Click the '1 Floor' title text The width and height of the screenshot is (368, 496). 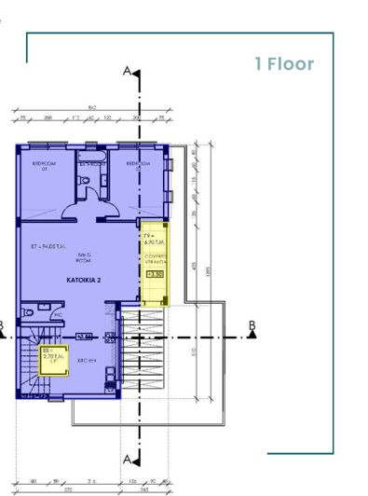click(x=284, y=64)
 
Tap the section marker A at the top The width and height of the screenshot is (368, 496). click(x=128, y=72)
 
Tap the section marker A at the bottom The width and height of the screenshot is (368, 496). click(x=128, y=459)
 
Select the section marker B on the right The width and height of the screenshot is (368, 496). click(x=252, y=325)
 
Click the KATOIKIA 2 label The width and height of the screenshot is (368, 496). click(x=84, y=280)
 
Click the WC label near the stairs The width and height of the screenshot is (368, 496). click(x=57, y=315)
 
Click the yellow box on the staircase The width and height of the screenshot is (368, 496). click(x=53, y=358)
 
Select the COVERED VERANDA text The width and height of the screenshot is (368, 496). click(x=155, y=262)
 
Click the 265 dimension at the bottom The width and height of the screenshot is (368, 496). click(x=144, y=488)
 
